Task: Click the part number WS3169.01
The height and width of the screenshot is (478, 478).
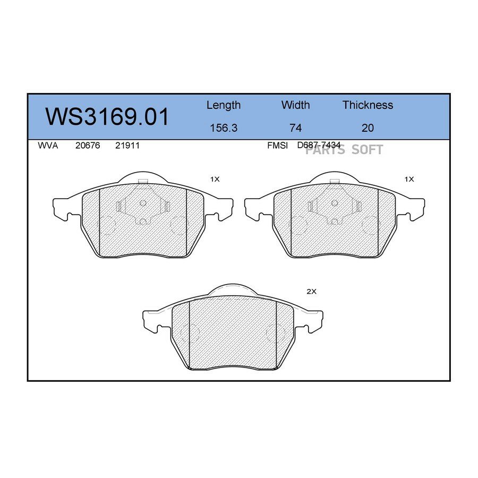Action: point(107,117)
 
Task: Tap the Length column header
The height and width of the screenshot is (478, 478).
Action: point(224,106)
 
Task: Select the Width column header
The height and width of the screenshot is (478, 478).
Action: point(295,105)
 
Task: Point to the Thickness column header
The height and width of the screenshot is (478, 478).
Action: point(368,105)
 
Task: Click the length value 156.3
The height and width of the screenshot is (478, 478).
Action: point(224,127)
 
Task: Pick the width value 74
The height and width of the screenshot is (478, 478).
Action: point(295,127)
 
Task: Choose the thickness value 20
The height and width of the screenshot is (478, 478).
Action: point(368,127)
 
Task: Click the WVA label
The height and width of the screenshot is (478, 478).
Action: point(48,146)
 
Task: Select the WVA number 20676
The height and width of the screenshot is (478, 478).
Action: point(88,146)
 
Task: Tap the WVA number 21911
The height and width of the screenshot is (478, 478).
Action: point(127,146)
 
